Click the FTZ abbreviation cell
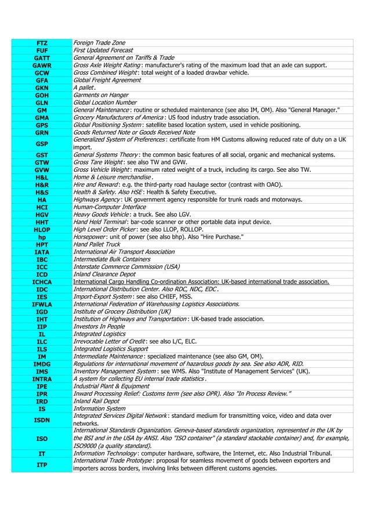coord(41,43)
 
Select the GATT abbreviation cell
coord(41,58)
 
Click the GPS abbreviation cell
coord(41,125)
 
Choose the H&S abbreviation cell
coord(41,192)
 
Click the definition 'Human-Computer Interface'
coord(109,207)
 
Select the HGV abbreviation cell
coord(41,215)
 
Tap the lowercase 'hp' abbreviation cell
coord(41,237)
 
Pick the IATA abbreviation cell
coord(41,252)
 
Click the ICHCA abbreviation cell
coord(41,282)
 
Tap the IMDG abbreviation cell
coord(41,364)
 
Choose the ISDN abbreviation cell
coord(41,420)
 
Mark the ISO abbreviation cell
coord(41,438)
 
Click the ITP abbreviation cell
coord(41,465)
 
